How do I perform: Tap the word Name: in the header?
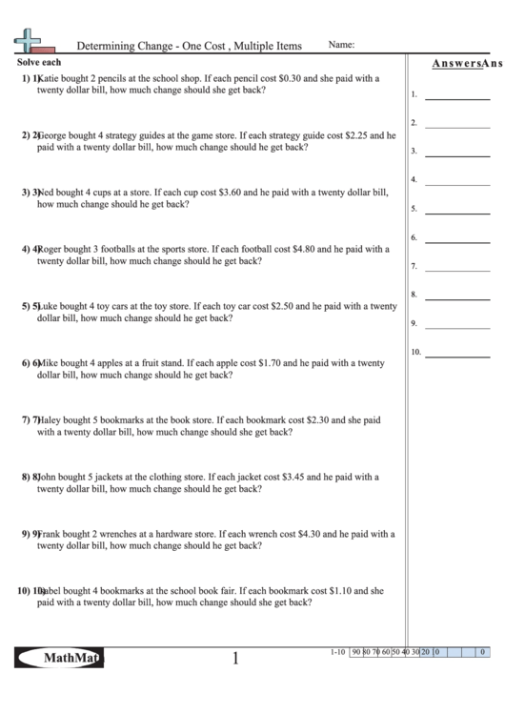pyautogui.click(x=341, y=45)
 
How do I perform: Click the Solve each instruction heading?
pyautogui.click(x=39, y=61)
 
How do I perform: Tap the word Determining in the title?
pyautogui.click(x=101, y=46)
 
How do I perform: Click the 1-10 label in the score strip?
pyautogui.click(x=335, y=652)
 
